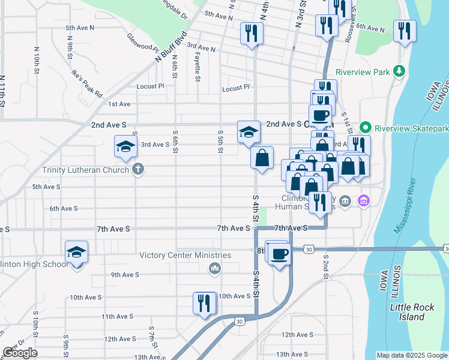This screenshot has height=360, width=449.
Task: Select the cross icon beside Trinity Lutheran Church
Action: click(x=138, y=170)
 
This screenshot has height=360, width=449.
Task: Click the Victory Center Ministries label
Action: click(x=185, y=255)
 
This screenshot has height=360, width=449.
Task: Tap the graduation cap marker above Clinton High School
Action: click(x=77, y=252)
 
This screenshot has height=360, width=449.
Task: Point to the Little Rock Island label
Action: click(x=411, y=311)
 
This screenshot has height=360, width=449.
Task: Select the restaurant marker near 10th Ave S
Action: click(x=204, y=302)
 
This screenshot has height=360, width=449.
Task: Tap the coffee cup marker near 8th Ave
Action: click(x=279, y=254)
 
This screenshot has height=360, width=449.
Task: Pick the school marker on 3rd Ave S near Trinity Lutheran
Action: click(x=125, y=146)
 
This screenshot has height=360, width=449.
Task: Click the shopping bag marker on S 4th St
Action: click(x=262, y=158)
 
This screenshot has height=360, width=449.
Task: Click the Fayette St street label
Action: click(x=197, y=65)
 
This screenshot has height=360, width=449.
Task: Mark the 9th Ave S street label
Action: click(x=125, y=275)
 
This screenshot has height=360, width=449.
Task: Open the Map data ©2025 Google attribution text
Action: click(x=411, y=355)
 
